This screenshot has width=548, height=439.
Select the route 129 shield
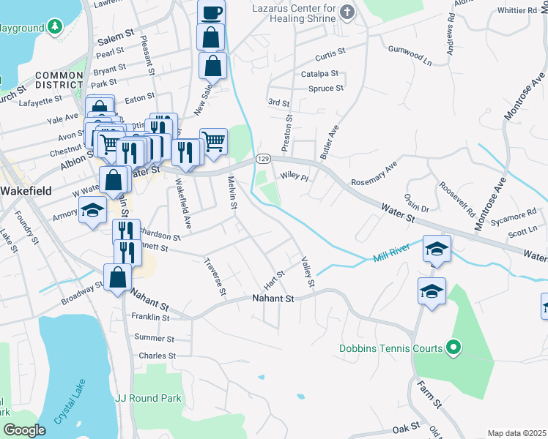coord(264,158)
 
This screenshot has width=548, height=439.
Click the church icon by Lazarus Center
coord(347,12)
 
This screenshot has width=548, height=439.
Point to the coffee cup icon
coord(211,12)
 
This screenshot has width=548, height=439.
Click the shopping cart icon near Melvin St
coord(213,140)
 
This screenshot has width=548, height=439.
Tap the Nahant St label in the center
coord(273,299)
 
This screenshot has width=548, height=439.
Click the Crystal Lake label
coord(70,402)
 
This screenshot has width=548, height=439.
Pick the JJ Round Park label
coord(148,398)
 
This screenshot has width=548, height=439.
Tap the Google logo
coord(25,430)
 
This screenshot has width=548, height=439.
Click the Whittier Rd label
coord(516,11)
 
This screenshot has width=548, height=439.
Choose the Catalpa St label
coord(319,74)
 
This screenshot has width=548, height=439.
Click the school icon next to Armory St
coord(93,210)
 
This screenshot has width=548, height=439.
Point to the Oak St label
coord(404,427)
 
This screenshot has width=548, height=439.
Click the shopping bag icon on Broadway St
coord(117,277)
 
